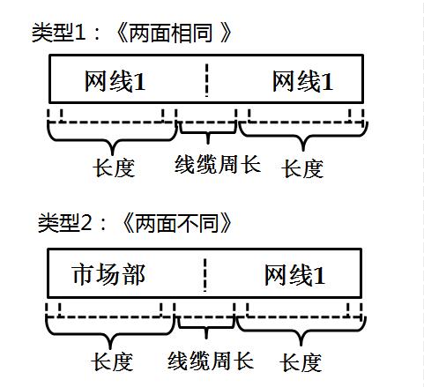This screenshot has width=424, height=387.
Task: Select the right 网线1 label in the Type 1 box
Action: [x=302, y=82]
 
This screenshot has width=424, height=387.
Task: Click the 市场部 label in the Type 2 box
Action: [x=108, y=275]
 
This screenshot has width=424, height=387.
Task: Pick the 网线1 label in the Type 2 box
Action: [x=295, y=275]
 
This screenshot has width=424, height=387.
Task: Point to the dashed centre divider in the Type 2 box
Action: [x=205, y=274]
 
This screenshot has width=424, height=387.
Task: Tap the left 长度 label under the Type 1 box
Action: [x=115, y=167]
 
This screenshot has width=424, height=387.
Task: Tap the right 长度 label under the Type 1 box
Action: [x=302, y=167]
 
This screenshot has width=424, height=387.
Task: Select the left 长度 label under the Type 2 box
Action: [x=112, y=361]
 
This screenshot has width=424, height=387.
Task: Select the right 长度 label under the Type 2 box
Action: [x=301, y=361]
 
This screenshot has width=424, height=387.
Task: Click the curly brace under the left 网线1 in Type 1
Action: [x=113, y=138]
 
